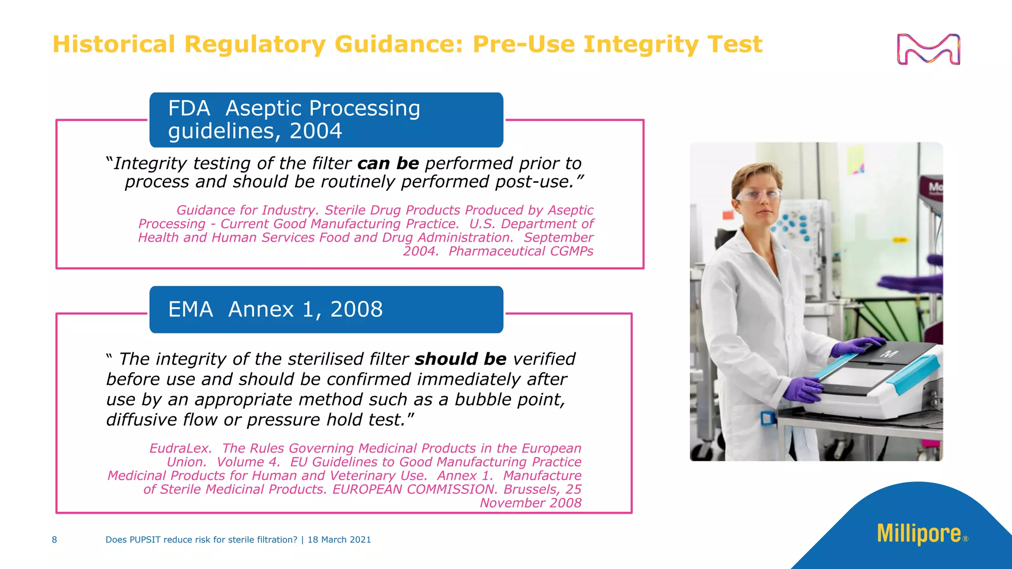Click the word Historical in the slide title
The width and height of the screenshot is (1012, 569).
[114, 44]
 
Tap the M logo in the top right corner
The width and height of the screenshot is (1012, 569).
[928, 49]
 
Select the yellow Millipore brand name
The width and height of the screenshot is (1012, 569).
[919, 534]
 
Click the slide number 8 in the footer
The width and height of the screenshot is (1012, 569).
[54, 540]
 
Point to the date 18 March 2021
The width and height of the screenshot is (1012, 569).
[339, 540]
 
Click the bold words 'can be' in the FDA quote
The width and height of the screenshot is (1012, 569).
[388, 163]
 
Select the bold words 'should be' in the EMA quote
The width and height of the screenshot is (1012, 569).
[461, 359]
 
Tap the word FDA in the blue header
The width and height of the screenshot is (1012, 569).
[189, 109]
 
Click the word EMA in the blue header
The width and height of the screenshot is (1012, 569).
[191, 310]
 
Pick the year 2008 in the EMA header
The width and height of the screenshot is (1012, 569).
[356, 310]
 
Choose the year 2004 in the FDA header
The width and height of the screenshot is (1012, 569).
[316, 131]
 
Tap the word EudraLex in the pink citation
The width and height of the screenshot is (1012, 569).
[180, 448]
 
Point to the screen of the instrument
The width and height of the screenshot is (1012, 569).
[857, 378]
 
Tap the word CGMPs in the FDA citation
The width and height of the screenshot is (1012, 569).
[571, 251]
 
